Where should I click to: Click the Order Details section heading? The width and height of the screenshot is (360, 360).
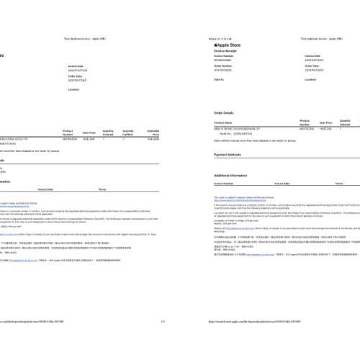[x=224, y=113]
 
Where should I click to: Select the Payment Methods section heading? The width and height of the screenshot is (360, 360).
[x=228, y=155]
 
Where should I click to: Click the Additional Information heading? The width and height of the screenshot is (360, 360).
[x=230, y=175]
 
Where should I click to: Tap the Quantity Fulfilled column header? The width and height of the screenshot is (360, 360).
[x=128, y=132]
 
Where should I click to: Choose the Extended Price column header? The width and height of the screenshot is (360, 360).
[x=153, y=132]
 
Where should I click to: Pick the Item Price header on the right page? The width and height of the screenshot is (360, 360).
[x=325, y=123]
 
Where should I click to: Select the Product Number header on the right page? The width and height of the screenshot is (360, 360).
[x=305, y=122]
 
